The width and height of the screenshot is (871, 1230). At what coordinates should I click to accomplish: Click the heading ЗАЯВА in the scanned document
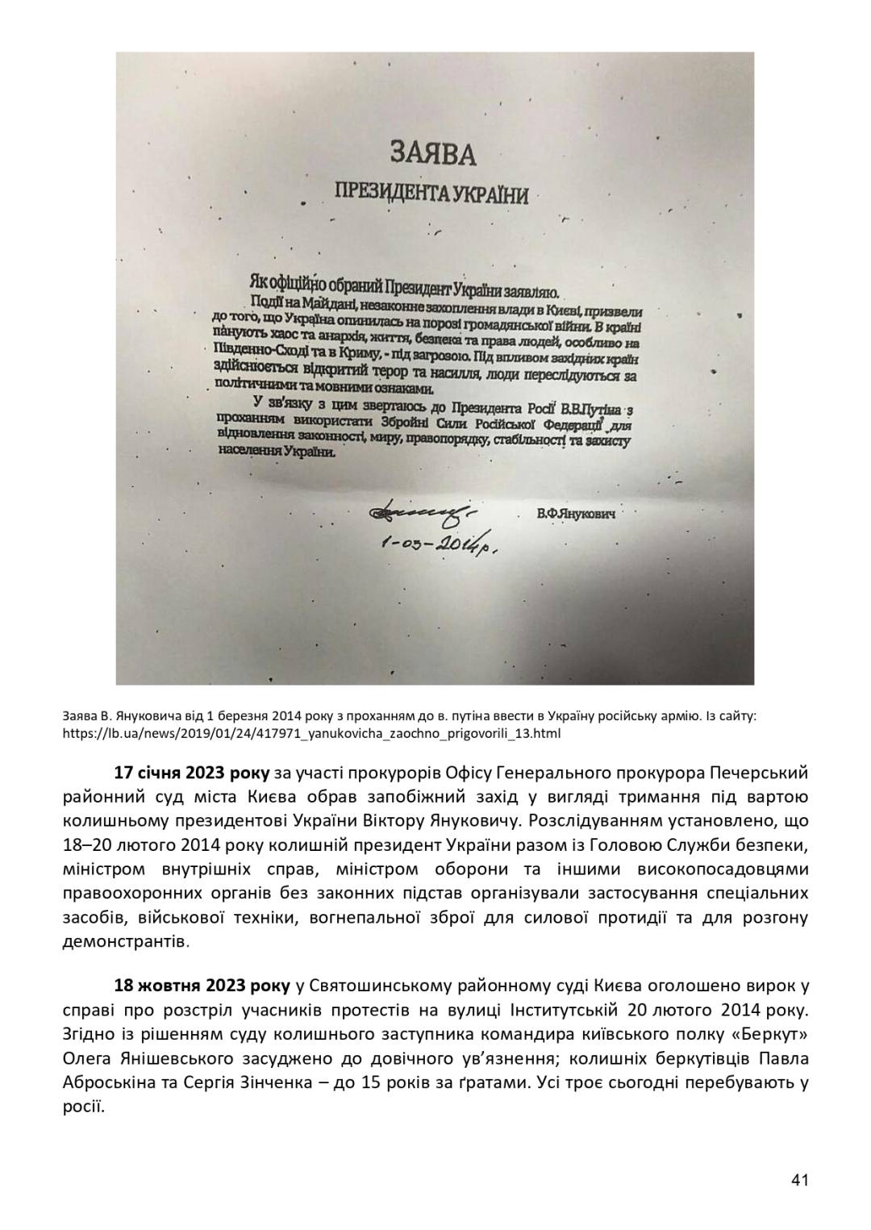tap(434, 152)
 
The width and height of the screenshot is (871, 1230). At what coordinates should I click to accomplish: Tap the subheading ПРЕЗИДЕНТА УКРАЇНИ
tap(432, 194)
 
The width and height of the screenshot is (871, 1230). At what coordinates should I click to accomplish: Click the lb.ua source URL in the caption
tap(310, 734)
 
